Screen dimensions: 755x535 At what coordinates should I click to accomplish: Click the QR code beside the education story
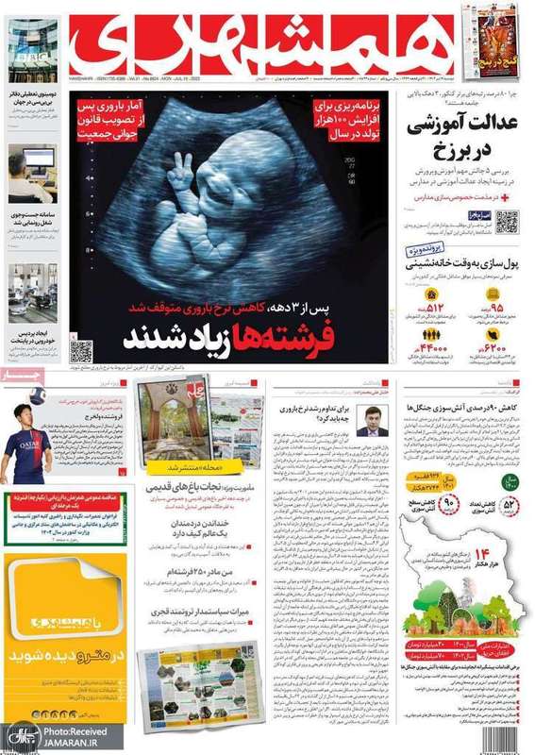507,223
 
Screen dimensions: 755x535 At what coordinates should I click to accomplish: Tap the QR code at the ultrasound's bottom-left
81,350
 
